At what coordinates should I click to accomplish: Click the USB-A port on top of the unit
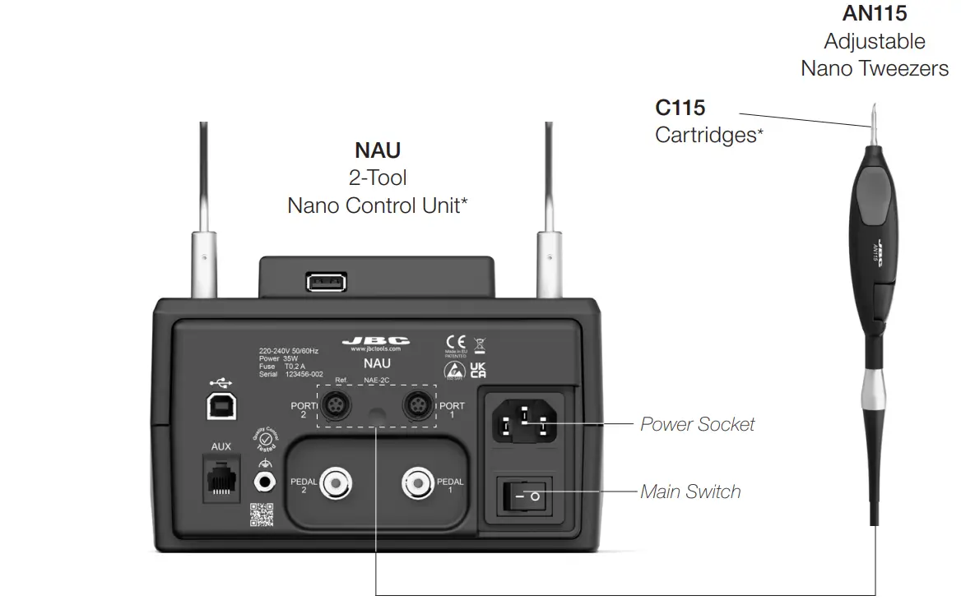[x=326, y=282]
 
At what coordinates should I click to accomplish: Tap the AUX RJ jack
[x=221, y=480]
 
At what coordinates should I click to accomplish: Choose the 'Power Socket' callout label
[x=697, y=424]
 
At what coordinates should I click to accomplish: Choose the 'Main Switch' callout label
[x=690, y=492]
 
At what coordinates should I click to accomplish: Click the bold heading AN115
[x=874, y=13]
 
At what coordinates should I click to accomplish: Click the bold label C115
[x=680, y=108]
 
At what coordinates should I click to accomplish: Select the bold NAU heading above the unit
[x=378, y=150]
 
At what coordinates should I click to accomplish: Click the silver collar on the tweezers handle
[x=874, y=387]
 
